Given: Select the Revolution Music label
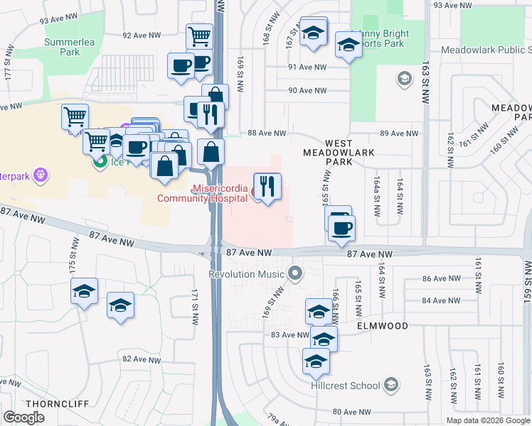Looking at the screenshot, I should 248,274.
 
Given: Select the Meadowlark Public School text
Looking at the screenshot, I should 486,50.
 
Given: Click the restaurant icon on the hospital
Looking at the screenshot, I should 267,187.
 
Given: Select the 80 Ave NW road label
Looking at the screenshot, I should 352,412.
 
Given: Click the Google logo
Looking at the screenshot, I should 24,417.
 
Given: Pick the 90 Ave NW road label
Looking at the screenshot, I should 307,90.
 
